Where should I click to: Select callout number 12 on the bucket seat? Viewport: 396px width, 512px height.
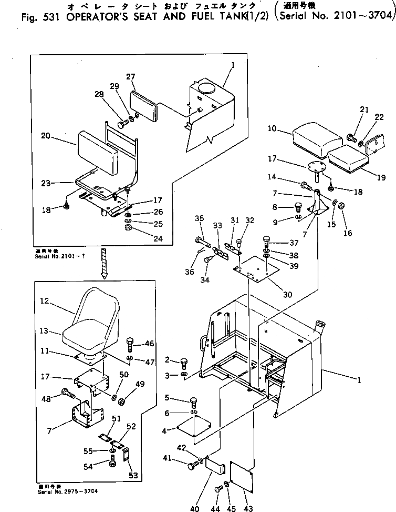pyautogui.click(x=44, y=302)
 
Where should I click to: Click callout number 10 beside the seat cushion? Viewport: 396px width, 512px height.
pyautogui.click(x=271, y=128)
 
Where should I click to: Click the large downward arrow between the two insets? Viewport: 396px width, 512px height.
pyautogui.click(x=105, y=264)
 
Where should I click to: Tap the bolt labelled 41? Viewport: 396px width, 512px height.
pyautogui.click(x=194, y=465)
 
